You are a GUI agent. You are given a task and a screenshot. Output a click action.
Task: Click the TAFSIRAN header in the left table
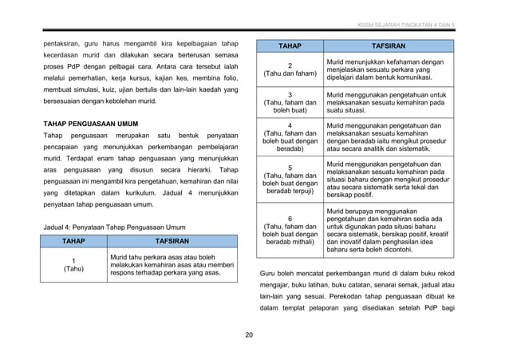(172, 240)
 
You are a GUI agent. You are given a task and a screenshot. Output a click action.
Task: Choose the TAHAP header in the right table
(290, 46)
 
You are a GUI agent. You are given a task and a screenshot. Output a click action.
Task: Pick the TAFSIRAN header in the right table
(389, 46)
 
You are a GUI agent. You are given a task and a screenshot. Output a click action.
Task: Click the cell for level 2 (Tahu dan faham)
(290, 69)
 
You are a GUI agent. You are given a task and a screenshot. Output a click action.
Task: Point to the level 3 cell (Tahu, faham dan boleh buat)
(290, 103)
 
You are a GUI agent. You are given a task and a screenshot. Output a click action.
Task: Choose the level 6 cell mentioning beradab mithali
(290, 230)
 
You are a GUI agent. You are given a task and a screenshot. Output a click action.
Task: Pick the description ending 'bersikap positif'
(388, 180)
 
